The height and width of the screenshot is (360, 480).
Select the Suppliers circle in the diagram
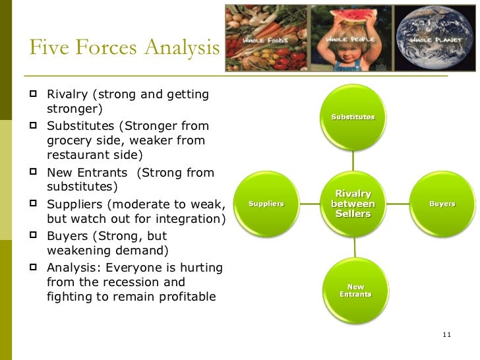coord(266,204)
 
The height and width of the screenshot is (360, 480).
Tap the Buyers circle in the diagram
coord(442,204)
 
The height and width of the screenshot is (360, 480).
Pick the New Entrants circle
coord(355,290)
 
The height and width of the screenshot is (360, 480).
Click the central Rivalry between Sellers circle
coord(353,204)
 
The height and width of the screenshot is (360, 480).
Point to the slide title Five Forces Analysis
coord(124,48)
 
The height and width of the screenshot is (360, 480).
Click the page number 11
coord(446,336)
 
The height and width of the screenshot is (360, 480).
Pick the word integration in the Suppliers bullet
coord(191,219)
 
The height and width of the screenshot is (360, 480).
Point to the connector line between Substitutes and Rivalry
coord(353,162)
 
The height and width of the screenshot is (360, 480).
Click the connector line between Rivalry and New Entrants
coord(354,247)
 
